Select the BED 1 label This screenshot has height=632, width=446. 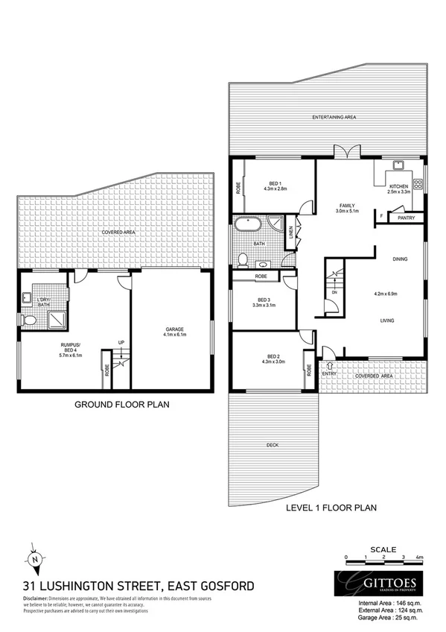point(275,186)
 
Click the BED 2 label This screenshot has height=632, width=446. point(273,359)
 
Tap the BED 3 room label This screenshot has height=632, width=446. point(264,301)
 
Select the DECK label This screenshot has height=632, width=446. point(272,446)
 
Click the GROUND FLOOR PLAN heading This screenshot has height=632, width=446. point(122,406)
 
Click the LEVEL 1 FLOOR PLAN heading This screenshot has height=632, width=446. point(331,508)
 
